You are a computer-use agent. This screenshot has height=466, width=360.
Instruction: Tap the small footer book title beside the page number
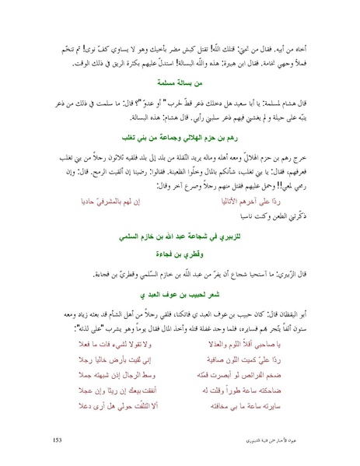point(287,441)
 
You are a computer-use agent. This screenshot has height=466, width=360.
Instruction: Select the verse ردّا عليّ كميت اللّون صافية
point(257,363)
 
